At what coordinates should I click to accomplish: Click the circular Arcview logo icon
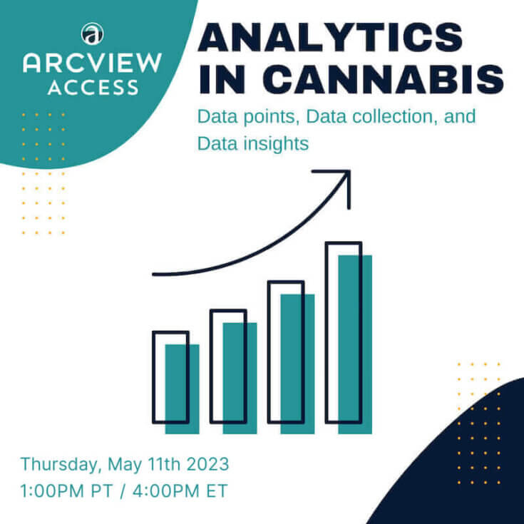point(93,33)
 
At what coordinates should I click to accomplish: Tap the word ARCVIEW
point(93,63)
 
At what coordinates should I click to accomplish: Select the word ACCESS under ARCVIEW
point(93,88)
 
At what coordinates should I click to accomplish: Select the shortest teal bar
point(182,389)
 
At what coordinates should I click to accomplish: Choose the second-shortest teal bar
point(240,378)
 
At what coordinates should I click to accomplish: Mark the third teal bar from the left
point(297,364)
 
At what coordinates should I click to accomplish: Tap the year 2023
point(207,465)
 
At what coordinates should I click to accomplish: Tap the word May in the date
point(123,465)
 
